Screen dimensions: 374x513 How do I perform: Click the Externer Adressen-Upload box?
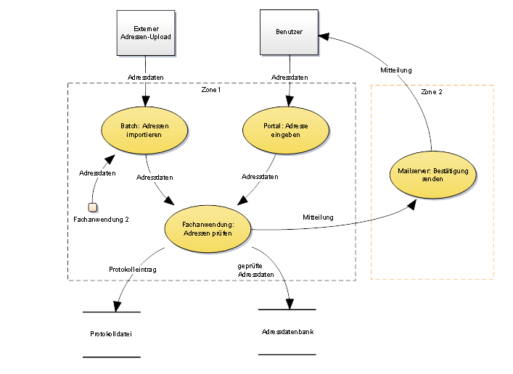pyautogui.click(x=146, y=33)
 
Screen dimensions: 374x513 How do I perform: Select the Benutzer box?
pyautogui.click(x=288, y=33)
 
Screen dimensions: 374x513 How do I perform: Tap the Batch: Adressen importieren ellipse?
pyautogui.click(x=145, y=130)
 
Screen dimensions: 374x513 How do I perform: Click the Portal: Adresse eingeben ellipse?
pyautogui.click(x=286, y=130)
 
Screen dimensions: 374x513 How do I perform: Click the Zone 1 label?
pyautogui.click(x=211, y=89)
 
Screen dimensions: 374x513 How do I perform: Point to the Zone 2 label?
pyautogui.click(x=431, y=92)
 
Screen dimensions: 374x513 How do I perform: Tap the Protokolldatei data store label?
pyautogui.click(x=111, y=334)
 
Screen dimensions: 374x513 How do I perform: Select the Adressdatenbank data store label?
pyautogui.click(x=288, y=332)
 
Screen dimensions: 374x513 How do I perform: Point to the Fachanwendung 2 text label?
pyautogui.click(x=102, y=219)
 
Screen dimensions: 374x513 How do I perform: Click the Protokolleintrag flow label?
pyautogui.click(x=133, y=268)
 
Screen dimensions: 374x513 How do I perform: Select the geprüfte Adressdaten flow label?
pyautogui.click(x=255, y=270)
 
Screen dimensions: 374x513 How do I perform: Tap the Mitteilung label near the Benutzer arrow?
pyautogui.click(x=396, y=70)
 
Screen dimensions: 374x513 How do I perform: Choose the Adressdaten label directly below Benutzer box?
pyautogui.click(x=289, y=77)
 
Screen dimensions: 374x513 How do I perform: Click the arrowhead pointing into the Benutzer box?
pyautogui.click(x=324, y=33)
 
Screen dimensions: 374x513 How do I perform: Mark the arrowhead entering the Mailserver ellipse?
pyautogui.click(x=413, y=206)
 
